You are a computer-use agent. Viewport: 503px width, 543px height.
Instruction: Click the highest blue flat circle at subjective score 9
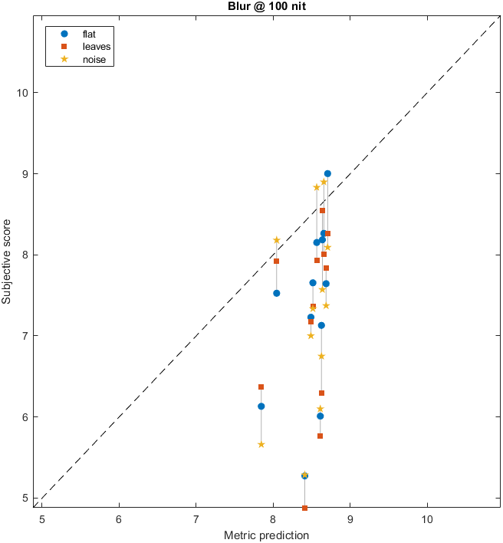[x=327, y=174]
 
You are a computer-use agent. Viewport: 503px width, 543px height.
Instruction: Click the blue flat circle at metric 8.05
[x=277, y=293]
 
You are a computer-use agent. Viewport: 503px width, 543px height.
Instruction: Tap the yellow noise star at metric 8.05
[x=277, y=240]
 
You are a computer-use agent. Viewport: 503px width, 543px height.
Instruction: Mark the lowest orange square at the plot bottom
[x=305, y=508]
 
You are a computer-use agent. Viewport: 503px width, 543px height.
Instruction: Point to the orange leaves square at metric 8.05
[x=277, y=261]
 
